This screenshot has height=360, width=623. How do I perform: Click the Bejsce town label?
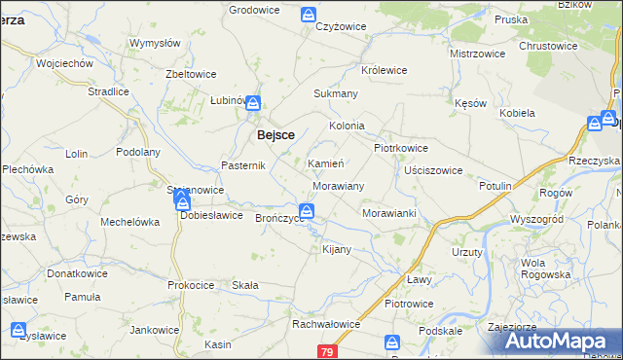(x=275, y=135)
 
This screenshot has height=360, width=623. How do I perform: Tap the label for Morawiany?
(x=338, y=185)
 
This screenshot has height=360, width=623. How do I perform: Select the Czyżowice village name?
(x=339, y=27)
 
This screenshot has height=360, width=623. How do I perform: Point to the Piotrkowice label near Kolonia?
(x=401, y=148)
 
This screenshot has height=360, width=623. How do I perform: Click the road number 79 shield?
(x=326, y=350)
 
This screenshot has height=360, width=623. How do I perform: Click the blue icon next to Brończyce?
(x=307, y=211)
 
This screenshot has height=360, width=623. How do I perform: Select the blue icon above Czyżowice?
(x=308, y=15)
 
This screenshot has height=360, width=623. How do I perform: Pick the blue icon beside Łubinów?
(x=252, y=102)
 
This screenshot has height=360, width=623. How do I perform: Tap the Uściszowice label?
(x=433, y=170)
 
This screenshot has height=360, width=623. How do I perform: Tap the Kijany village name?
(x=336, y=250)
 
